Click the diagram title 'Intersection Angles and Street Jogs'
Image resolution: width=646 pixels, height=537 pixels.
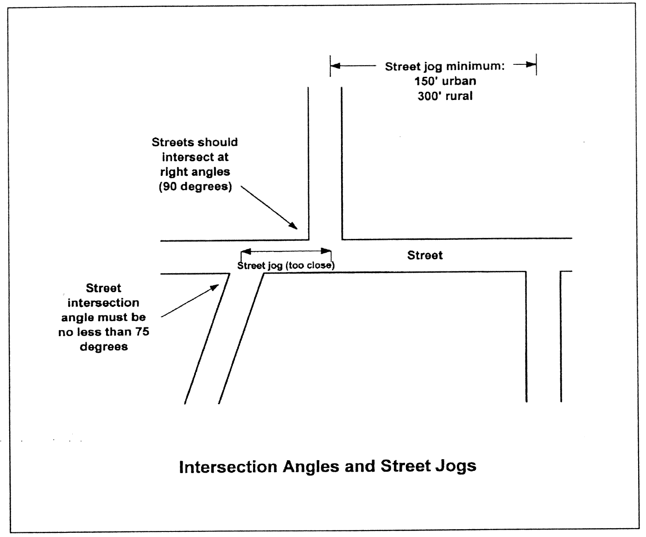[327, 466]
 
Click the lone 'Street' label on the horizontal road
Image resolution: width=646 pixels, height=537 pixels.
[424, 255]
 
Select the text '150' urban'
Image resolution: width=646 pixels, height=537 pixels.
[445, 81]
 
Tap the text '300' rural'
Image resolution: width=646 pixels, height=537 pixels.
[445, 96]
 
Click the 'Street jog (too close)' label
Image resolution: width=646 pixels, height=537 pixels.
[285, 266]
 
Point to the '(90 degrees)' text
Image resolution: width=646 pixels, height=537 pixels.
[195, 187]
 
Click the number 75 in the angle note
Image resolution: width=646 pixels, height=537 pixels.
[142, 331]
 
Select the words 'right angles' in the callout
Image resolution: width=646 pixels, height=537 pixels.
[195, 172]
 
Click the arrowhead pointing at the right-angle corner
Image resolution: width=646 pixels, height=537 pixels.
[293, 225]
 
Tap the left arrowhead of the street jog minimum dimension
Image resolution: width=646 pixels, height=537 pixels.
[336, 66]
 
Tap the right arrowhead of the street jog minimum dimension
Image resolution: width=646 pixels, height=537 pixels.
[531, 65]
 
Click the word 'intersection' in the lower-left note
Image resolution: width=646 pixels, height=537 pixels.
[103, 303]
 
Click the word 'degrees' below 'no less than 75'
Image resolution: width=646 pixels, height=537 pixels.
[104, 347]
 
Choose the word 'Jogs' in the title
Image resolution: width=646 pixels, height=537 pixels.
[456, 466]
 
